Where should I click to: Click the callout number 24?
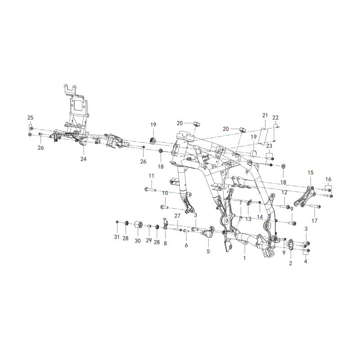coord(83,159)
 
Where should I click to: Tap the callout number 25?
coord(30,118)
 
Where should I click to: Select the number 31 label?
coord(117,237)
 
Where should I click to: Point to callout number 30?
coord(138,241)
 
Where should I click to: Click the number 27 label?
coord(177,216)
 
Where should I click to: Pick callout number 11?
coord(151,176)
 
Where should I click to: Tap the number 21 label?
coord(265,115)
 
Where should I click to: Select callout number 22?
coord(275,118)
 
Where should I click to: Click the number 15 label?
coord(310,173)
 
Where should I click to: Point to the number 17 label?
coord(315,221)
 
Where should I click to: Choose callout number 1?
coord(244,258)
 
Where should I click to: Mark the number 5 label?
coord(208,251)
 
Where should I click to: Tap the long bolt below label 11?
coord(150,189)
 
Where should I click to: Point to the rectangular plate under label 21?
coord(264,136)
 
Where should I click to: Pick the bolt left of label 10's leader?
coord(164,207)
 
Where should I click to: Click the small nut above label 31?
coord(117,222)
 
